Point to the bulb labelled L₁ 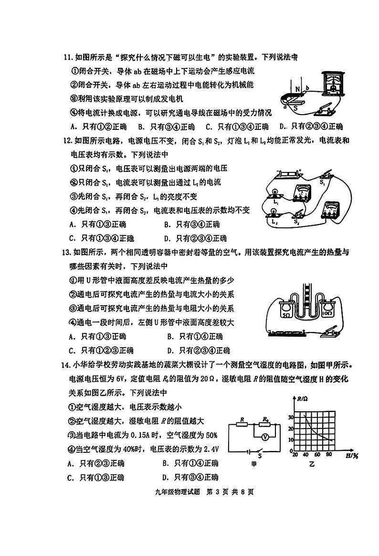(x=275, y=192)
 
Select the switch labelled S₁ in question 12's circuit (x=324, y=175)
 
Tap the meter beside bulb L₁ (x=302, y=193)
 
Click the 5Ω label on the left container (x=287, y=316)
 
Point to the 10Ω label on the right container (x=327, y=315)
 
